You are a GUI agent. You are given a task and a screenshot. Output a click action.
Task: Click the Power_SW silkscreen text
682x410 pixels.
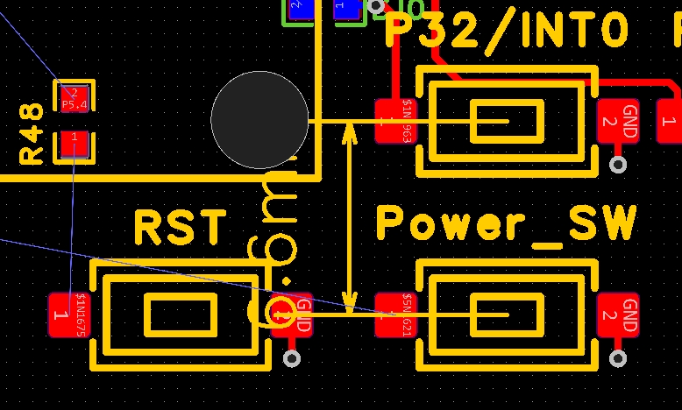[x=506, y=224]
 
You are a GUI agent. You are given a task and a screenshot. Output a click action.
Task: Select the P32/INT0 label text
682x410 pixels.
[x=507, y=31]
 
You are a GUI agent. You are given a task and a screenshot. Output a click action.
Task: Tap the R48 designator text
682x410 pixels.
[x=32, y=133]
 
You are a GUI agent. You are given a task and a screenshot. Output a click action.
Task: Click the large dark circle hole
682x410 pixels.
[x=259, y=120]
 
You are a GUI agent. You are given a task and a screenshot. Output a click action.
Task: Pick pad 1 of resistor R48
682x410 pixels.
[x=75, y=145]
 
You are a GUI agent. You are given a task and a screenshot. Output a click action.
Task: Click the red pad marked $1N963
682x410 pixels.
[x=394, y=121]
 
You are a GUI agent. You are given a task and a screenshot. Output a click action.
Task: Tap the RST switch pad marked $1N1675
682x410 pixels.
[x=69, y=315]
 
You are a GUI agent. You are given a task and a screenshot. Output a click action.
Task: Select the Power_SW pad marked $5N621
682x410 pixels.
[x=394, y=315]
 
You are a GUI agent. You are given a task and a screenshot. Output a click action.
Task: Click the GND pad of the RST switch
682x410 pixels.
[x=294, y=315]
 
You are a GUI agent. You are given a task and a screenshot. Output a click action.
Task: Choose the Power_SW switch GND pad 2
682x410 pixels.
[x=620, y=315]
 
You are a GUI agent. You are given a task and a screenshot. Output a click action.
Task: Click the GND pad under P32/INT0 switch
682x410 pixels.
[x=620, y=121]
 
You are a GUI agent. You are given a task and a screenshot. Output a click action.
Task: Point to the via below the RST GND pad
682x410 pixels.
[x=293, y=357]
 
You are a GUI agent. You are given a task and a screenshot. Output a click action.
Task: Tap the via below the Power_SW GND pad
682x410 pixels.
[x=619, y=357]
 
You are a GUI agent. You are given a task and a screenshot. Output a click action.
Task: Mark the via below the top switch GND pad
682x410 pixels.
[x=619, y=164]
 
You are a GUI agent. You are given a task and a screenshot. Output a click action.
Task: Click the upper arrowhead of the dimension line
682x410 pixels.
[x=350, y=131]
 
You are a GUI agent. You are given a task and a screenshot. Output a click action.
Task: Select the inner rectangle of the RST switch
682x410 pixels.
[x=180, y=315]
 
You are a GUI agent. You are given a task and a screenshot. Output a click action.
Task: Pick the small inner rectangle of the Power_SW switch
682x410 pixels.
[x=506, y=315]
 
